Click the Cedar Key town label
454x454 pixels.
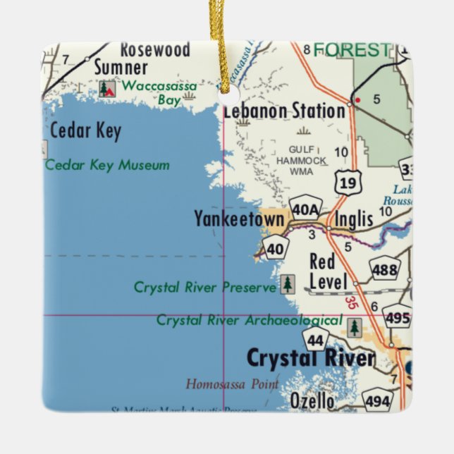click(x=85, y=131)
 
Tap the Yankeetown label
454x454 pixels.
click(x=239, y=219)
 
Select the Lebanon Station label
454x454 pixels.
click(x=284, y=111)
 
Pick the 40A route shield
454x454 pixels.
click(x=305, y=208)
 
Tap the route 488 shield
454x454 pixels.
click(x=385, y=269)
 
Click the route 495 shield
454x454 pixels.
click(x=398, y=318)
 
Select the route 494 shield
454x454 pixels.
click(x=377, y=400)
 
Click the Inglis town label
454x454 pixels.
click(x=354, y=219)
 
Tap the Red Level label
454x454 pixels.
click(x=328, y=272)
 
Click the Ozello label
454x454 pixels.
click(x=312, y=400)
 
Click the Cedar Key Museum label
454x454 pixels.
click(x=107, y=165)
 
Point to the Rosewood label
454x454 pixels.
click(x=155, y=49)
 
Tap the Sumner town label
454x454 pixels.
click(x=121, y=68)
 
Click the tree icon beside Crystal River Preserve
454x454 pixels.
click(x=288, y=285)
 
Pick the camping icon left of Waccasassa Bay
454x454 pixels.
click(x=106, y=88)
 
